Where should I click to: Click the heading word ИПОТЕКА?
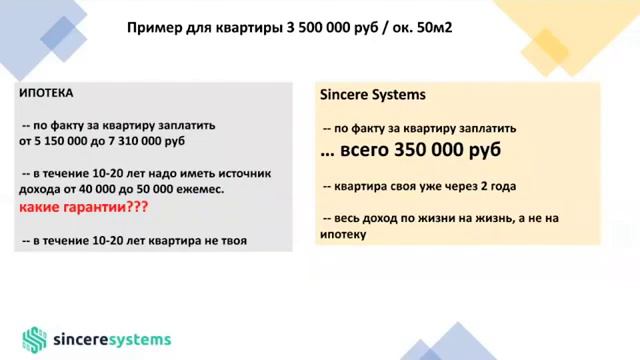[x=46, y=93]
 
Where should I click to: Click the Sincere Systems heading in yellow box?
[x=372, y=95]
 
